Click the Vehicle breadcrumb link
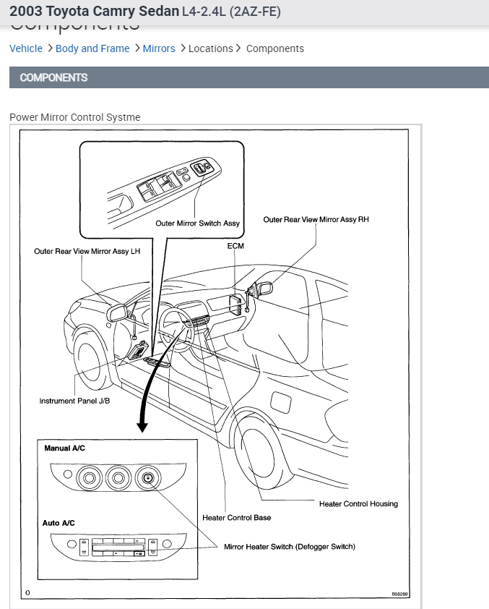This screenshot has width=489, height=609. pos(26,48)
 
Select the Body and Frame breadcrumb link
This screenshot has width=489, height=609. pos(92,48)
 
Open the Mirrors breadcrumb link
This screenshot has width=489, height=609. pos(159,48)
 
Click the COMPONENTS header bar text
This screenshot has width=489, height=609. pos(53,77)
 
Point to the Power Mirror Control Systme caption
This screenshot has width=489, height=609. pos(75,117)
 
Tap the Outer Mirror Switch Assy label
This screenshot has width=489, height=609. pos(197,223)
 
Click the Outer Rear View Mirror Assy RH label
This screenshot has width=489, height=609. pos(316,220)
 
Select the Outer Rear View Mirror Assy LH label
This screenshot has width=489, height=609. pos(87,252)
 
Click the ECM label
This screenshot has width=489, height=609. pos(235,246)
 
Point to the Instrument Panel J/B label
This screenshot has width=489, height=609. pos(74,401)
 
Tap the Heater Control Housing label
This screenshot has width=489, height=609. pos(358,504)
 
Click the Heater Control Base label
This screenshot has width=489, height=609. pos(237,518)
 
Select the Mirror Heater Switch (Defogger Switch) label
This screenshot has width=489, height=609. pos(290,547)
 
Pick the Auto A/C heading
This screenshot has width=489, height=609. pos(59,523)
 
